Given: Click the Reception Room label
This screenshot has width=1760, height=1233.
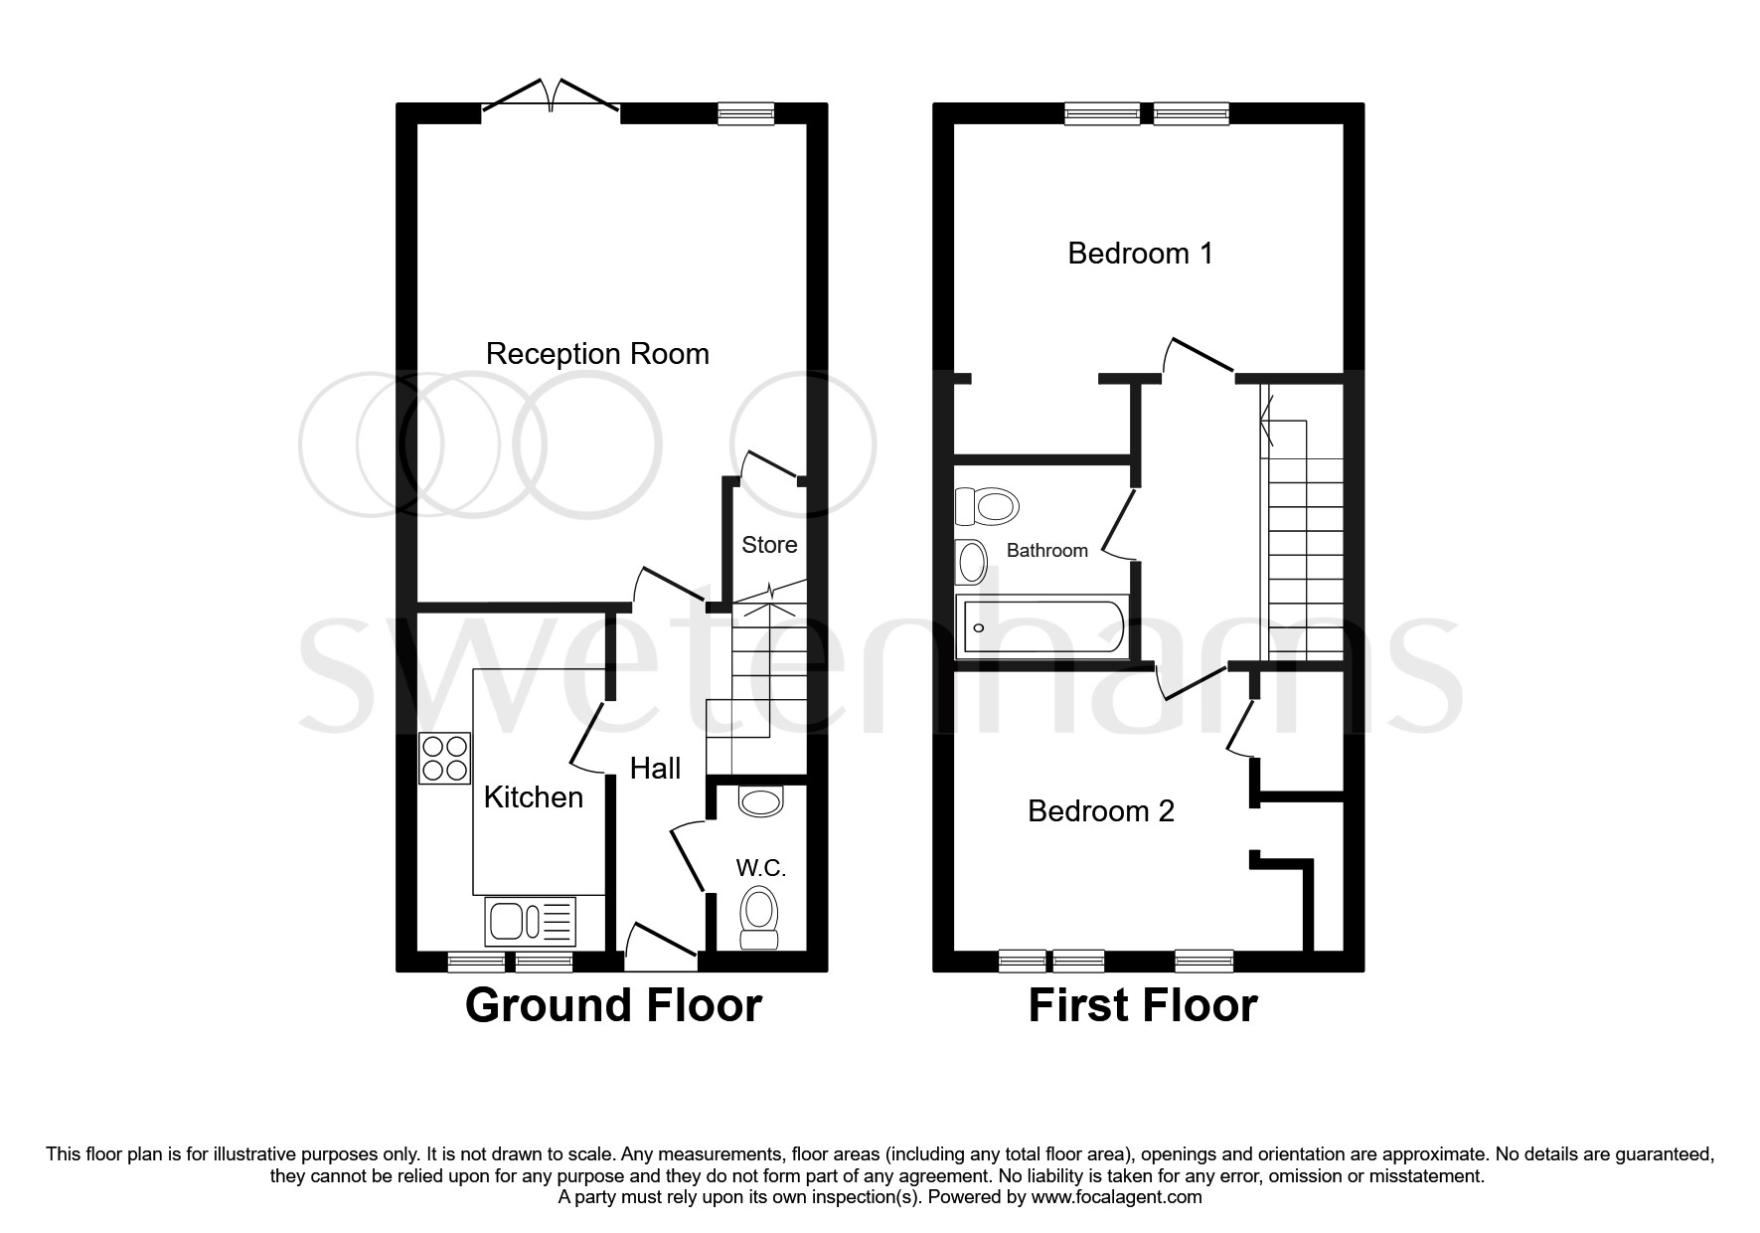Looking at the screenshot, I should pos(597,354).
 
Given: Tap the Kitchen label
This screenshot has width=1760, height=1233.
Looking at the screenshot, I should pos(533,797).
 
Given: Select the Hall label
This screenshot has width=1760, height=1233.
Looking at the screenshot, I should pos(655,768).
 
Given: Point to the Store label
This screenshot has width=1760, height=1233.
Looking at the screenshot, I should pos(769,545).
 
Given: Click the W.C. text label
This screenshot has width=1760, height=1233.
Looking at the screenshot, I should pos(761,868).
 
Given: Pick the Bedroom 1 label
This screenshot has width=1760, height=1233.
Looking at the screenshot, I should pos(1140,254).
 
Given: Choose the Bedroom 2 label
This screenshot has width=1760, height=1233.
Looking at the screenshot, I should pos(1101,811).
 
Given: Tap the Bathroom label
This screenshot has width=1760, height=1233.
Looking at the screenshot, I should pos(1046,551).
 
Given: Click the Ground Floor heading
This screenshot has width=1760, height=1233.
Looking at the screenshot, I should pos(613,1005).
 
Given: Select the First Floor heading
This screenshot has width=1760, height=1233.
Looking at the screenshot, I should pos(1142,1005).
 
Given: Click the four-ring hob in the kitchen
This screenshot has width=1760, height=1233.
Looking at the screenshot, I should pos(444,758).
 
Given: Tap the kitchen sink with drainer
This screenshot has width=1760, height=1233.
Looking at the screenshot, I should pos(530,921).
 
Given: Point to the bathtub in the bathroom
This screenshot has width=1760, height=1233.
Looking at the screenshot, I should pos(1041,627).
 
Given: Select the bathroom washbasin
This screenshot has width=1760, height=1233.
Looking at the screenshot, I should pos(971,562).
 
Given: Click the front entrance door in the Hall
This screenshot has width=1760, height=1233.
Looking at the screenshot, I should pos(661,948).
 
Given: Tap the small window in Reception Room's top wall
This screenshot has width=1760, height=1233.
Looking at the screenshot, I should pos(746,114).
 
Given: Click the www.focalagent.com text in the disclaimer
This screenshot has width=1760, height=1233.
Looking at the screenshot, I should pos(1116,1197).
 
